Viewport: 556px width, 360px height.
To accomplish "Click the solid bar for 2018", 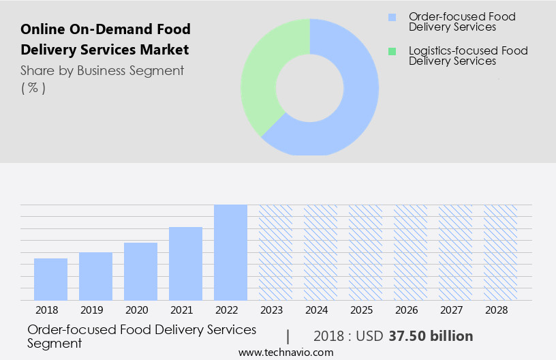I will tap(50, 279).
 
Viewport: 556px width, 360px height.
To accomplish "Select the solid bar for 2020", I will tap(140, 271).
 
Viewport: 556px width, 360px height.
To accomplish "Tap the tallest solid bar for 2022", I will tap(230, 252).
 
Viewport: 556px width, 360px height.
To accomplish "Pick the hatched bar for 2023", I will tap(275, 252).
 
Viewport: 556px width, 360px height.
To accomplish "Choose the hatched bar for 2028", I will tap(500, 252).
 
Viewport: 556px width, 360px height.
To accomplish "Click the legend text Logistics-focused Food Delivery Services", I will tap(467, 56).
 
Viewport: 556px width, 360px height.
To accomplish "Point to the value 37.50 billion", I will tap(431, 336).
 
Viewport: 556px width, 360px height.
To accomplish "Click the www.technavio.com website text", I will tap(286, 352).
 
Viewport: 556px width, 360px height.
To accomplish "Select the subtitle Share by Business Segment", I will tap(102, 70).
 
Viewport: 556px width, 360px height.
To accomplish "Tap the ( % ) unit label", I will tap(33, 88).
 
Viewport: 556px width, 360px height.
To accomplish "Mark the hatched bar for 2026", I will tap(410, 252).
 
